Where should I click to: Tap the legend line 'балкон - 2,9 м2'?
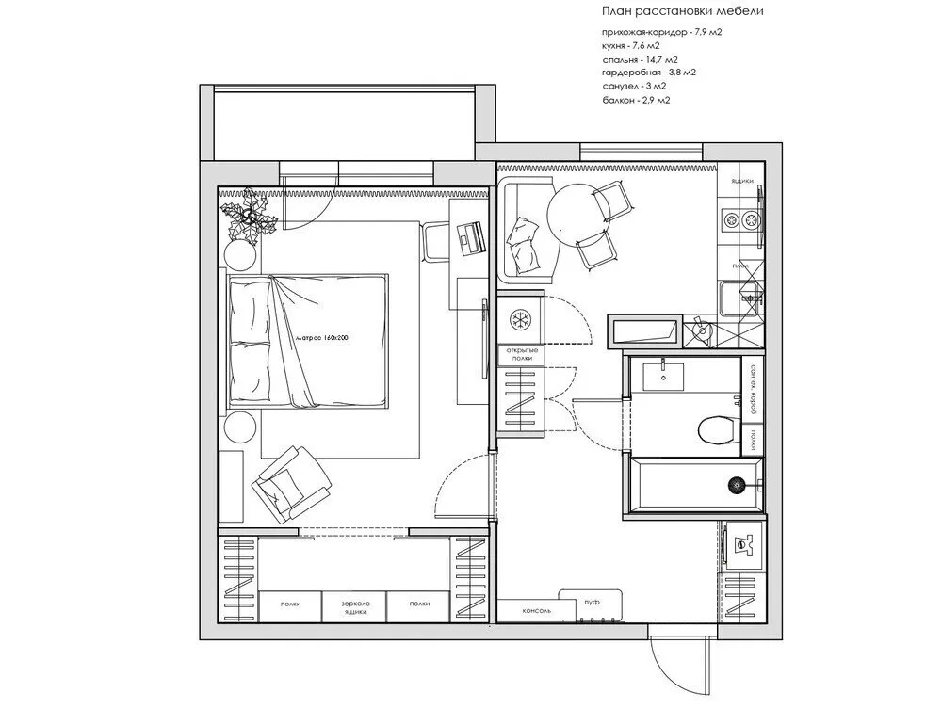pos(637,99)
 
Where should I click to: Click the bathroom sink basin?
pos(667,374)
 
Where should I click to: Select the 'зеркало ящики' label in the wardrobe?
pos(355,606)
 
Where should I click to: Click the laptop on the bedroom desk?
pos(470,236)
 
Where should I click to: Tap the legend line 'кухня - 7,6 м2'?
pos(632,45)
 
